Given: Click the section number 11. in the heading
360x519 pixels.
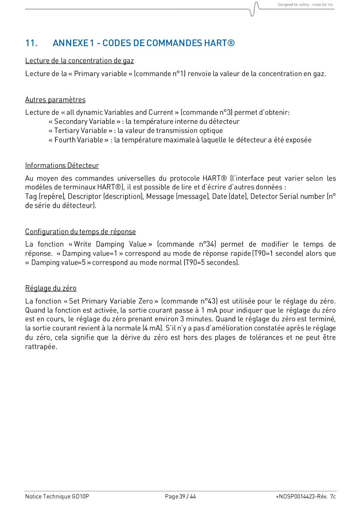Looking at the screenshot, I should tap(31, 43).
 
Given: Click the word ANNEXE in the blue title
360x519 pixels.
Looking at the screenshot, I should tap(70, 43).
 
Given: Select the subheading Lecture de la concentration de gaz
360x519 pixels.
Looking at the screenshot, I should tap(79, 61).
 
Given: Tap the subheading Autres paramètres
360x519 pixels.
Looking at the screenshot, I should tap(55, 100).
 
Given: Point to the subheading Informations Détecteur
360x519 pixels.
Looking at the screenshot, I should tap(62, 165).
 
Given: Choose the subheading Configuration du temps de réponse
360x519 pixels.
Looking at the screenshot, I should tap(80, 232).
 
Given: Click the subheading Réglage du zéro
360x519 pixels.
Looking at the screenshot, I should tap(51, 288).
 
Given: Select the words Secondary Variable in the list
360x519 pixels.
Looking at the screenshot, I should tap(85, 121).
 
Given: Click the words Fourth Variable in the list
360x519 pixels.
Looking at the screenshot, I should tap(78, 140).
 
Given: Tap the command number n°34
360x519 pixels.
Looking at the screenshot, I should tap(207, 244).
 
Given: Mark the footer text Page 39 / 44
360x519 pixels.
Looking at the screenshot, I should tap(180, 497).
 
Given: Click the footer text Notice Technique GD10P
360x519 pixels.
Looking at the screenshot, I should tap(57, 497).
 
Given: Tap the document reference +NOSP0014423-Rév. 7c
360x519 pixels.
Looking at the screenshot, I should tap(305, 497).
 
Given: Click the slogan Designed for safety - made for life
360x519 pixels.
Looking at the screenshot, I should tap(305, 5).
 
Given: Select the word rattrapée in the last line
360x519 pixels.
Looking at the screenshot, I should tap(41, 347).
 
